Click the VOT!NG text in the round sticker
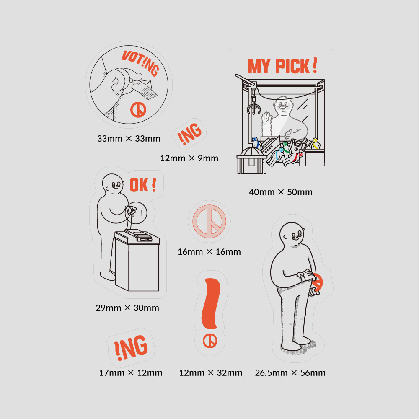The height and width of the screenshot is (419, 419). pyautogui.click(x=140, y=63)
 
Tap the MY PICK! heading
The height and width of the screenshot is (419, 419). pyautogui.click(x=282, y=66)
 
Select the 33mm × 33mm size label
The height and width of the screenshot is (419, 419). pyautogui.click(x=129, y=138)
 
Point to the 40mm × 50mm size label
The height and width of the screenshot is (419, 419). pyautogui.click(x=281, y=192)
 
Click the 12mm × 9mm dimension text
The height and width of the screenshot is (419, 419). pyautogui.click(x=189, y=158)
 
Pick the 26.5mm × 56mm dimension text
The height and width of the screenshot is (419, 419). pyautogui.click(x=290, y=373)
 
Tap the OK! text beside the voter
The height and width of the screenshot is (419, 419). pyautogui.click(x=143, y=185)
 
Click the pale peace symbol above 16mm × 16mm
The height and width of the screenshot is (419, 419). pyautogui.click(x=209, y=221)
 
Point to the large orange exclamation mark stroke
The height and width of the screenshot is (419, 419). pyautogui.click(x=211, y=303)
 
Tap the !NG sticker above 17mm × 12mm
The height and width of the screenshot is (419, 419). pyautogui.click(x=131, y=348)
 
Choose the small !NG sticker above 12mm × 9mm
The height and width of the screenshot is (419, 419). pyautogui.click(x=189, y=134)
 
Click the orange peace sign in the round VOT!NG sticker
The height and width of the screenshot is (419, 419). pyautogui.click(x=138, y=109)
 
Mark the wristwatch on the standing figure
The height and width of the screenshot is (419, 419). pyautogui.click(x=301, y=275)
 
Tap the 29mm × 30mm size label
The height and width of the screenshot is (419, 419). pyautogui.click(x=127, y=308)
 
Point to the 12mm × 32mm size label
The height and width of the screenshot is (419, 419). pyautogui.click(x=211, y=373)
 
